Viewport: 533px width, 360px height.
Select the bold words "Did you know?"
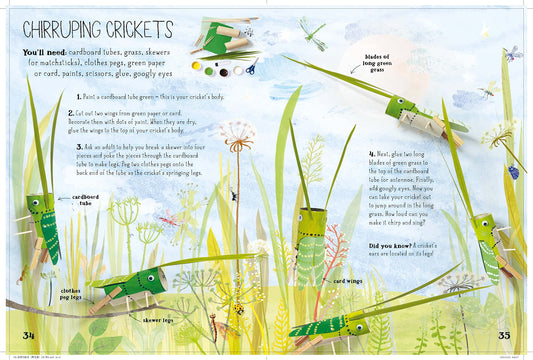(x=391, y=245)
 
